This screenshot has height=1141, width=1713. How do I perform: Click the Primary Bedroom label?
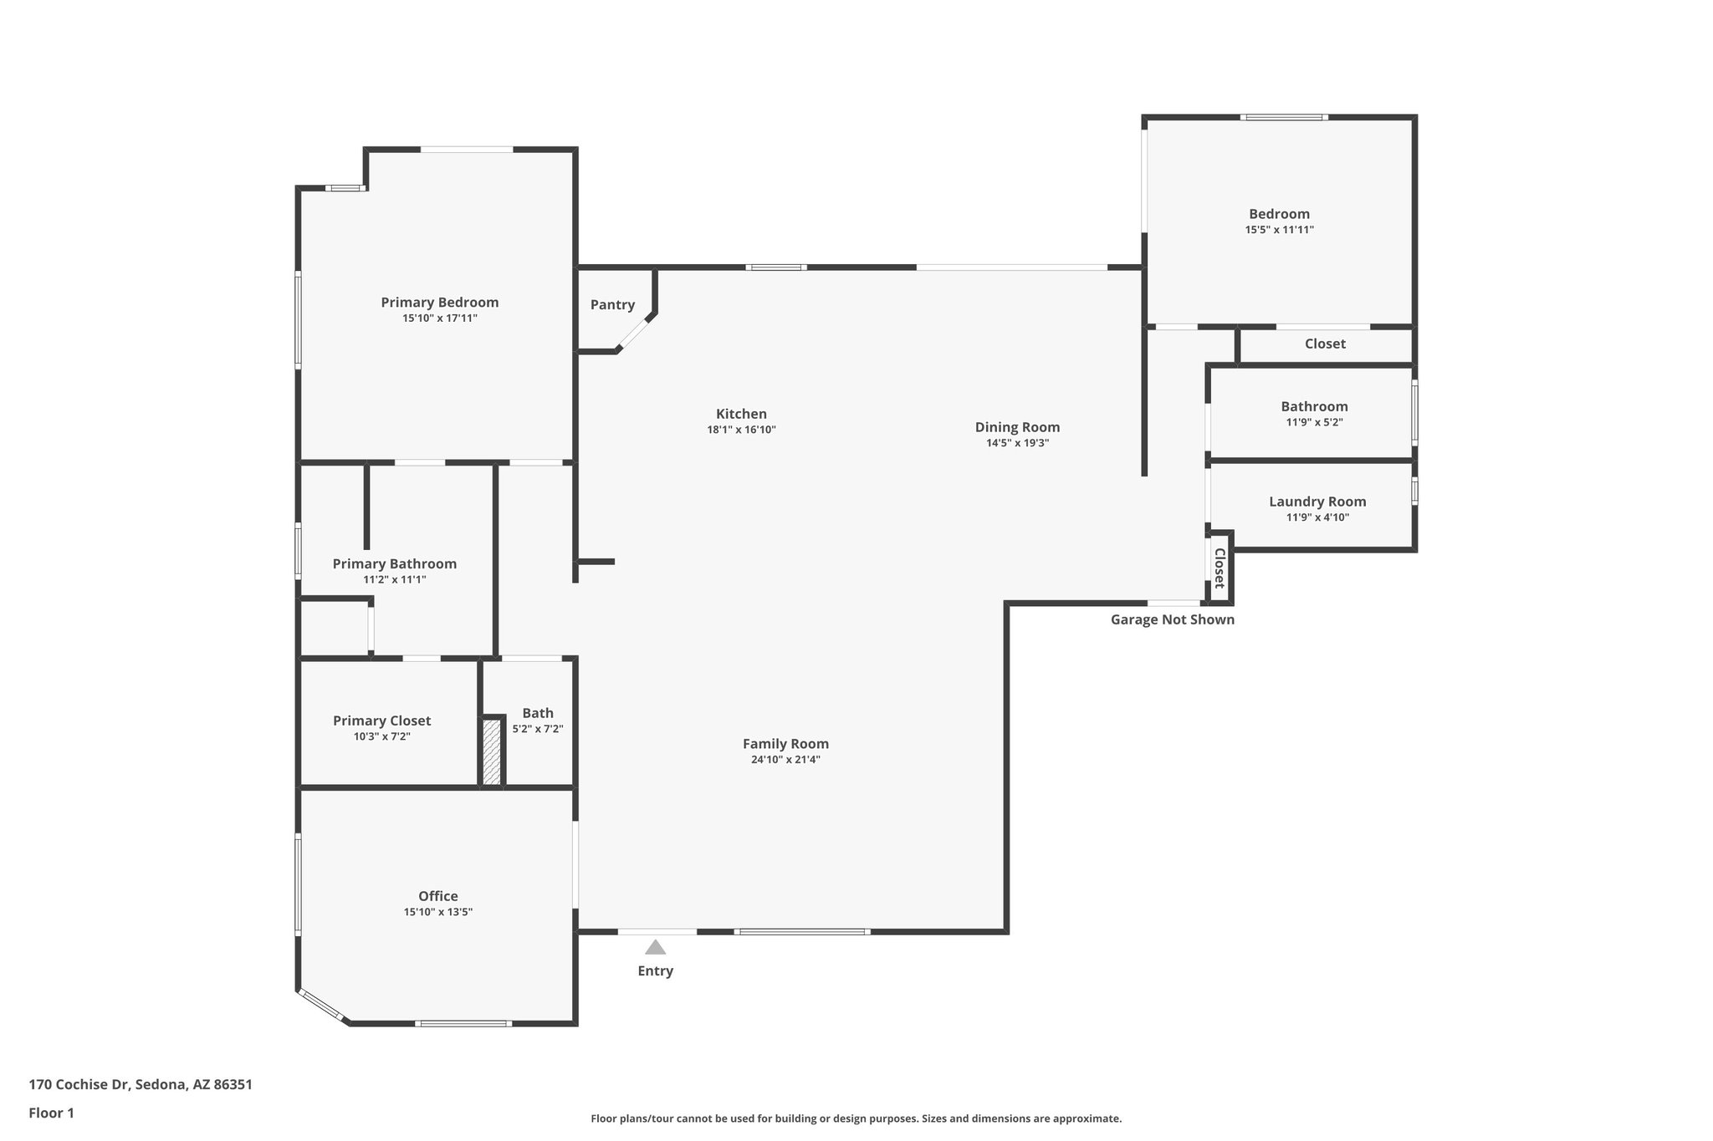tap(439, 303)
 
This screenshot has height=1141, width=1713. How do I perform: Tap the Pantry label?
tap(612, 305)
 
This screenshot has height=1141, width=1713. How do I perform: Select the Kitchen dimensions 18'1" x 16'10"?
tap(741, 430)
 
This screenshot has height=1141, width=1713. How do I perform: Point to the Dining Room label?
tap(1017, 427)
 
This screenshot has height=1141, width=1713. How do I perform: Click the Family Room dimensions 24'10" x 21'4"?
tap(785, 760)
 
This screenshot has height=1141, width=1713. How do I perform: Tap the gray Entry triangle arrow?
tap(655, 948)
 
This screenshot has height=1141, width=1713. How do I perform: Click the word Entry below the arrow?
tap(655, 971)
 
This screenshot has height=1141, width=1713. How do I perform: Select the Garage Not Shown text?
tap(1172, 619)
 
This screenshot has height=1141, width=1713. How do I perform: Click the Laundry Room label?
tap(1317, 502)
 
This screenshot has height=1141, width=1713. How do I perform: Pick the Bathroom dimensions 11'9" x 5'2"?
tap(1314, 423)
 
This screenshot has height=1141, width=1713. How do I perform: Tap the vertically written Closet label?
tap(1220, 568)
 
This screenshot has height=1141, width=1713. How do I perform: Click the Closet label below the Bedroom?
tap(1325, 344)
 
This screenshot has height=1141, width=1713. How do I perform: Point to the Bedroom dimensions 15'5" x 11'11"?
tap(1279, 230)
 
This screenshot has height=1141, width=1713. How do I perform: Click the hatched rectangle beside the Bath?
tap(492, 752)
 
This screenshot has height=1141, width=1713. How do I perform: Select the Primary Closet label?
tap(381, 721)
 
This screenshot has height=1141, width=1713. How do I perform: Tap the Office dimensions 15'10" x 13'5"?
tap(437, 912)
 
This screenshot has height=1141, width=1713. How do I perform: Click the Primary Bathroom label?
tap(394, 564)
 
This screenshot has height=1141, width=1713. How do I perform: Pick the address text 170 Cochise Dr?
tap(79, 1084)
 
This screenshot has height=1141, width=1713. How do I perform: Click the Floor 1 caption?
tap(51, 1113)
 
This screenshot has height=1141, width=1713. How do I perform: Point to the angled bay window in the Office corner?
tap(322, 1006)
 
